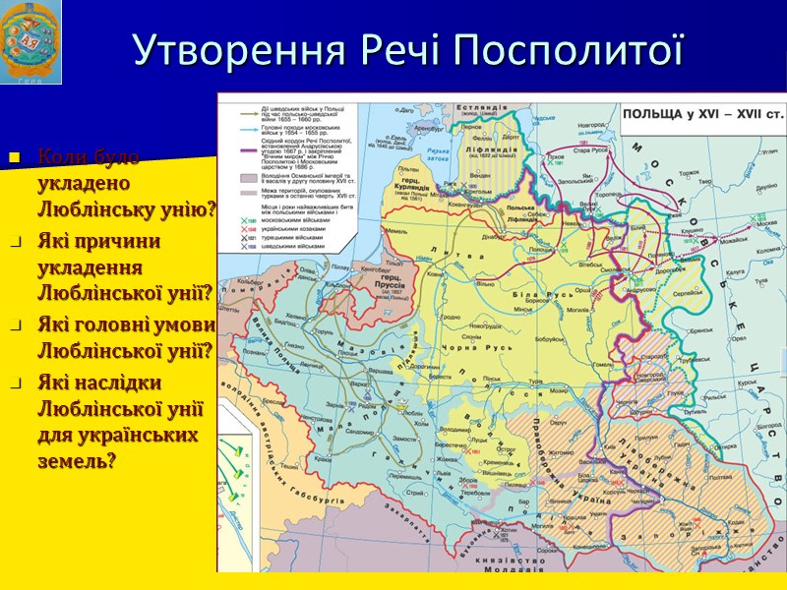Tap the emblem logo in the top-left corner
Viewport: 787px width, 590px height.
point(31,41)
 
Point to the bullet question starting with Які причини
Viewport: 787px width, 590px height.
point(124,265)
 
